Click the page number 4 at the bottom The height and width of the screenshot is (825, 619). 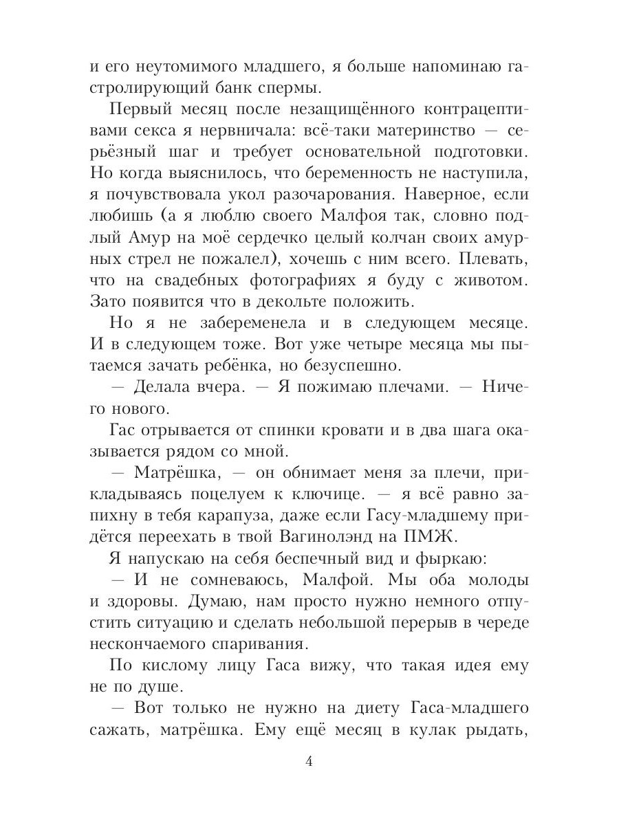point(309,762)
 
